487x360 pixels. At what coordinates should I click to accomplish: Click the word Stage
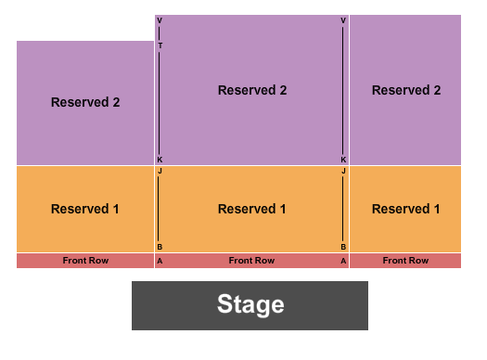coord(250,304)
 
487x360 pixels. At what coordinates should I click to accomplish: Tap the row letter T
coord(160,45)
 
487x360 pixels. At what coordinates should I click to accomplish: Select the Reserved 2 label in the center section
coord(251,90)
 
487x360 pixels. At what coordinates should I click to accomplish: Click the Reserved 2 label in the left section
coord(85,102)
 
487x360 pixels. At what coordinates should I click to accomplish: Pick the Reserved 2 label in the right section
coord(405,90)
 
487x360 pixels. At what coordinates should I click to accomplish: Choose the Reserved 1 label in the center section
coord(251,209)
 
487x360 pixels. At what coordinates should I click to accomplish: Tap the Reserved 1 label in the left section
coord(85,209)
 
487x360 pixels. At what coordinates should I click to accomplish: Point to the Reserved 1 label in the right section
coord(405,209)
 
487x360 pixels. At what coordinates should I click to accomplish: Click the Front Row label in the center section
coord(251,261)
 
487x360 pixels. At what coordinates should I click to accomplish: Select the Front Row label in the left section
coord(85,261)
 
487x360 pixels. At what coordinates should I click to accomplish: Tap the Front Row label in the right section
coord(405,261)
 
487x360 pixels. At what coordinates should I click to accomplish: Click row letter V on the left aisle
coord(160,20)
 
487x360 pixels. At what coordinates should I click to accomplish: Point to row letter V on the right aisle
coord(343,20)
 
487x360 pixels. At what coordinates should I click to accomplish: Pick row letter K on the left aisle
coord(160,160)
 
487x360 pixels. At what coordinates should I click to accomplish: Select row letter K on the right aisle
coord(343,160)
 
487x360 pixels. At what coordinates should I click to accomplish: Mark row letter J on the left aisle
coord(160,172)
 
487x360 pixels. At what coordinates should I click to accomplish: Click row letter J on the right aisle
coord(343,172)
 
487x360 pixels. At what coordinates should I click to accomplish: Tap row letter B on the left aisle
coord(160,247)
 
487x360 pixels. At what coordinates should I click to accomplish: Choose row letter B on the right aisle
coord(343,247)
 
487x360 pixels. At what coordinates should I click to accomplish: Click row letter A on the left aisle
coord(160,261)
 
